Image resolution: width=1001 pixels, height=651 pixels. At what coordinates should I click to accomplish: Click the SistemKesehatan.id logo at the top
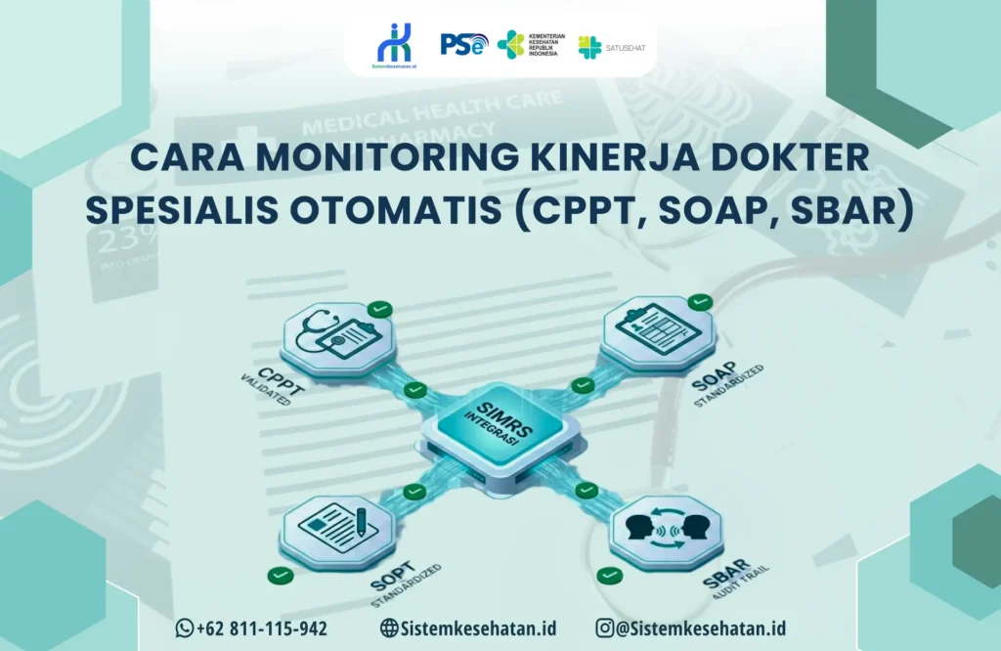point(395,44)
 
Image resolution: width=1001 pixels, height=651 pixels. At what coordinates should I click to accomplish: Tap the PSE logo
point(463,44)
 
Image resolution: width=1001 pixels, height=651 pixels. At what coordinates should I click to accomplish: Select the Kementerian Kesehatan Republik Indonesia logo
point(528,44)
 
